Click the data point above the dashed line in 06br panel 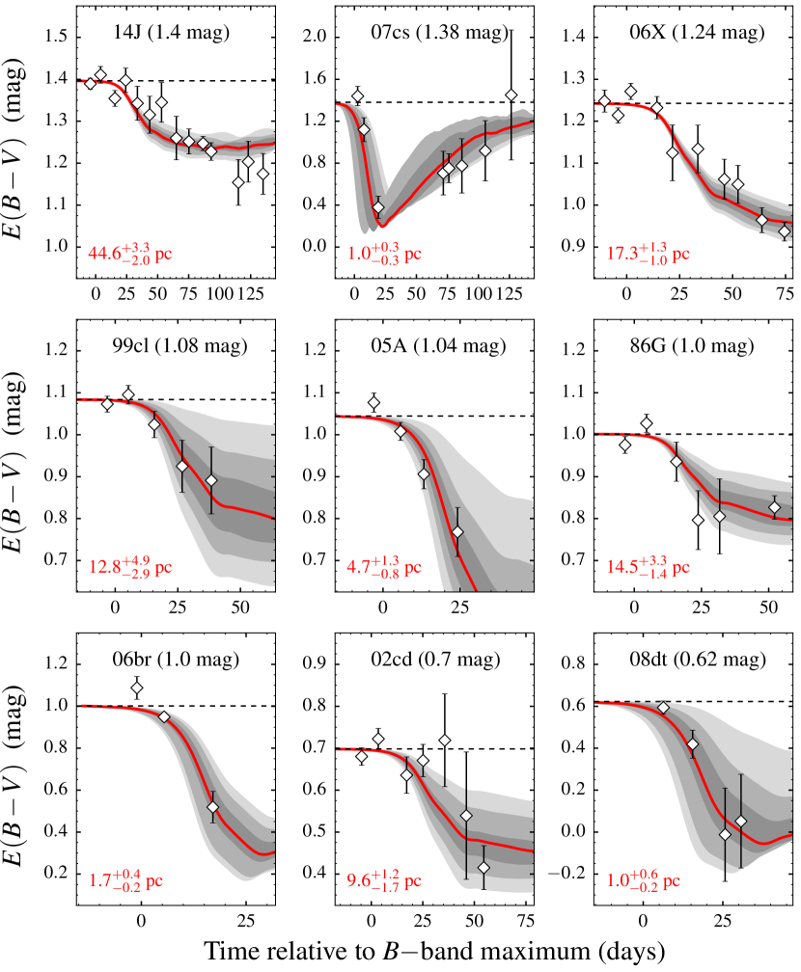tap(137, 688)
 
